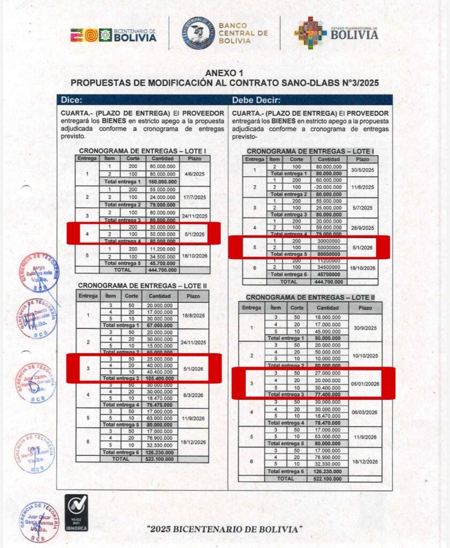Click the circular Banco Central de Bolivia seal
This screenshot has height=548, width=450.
(199, 33)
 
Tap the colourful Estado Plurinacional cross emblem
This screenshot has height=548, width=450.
(310, 33)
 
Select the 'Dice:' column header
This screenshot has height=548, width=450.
(72, 100)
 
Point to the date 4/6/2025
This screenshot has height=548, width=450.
(195, 174)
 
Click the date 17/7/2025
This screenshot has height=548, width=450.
(195, 197)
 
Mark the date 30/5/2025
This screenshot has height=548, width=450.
(362, 170)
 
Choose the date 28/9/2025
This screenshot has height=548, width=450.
(362, 227)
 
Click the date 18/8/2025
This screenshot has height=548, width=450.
(193, 316)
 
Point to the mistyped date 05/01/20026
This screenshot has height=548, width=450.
(365, 384)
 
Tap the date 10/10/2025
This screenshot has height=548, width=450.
(365, 355)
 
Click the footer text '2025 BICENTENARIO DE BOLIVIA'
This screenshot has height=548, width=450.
(224, 529)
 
